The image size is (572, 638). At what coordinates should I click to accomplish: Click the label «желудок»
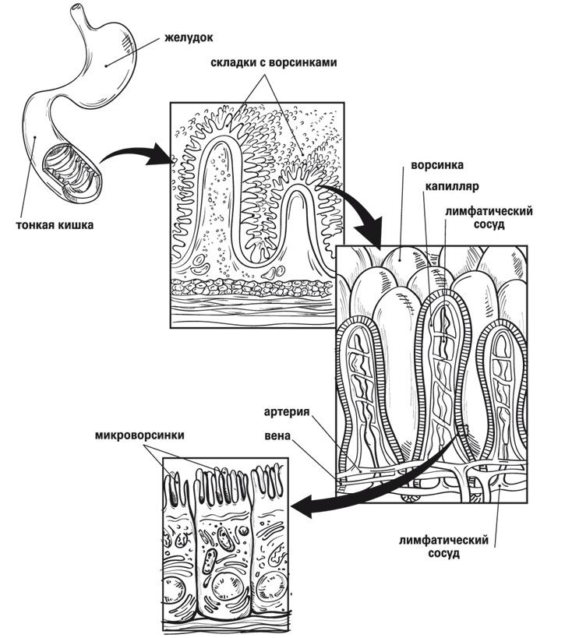click(x=189, y=37)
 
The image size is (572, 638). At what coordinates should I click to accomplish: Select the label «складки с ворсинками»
click(x=274, y=64)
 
